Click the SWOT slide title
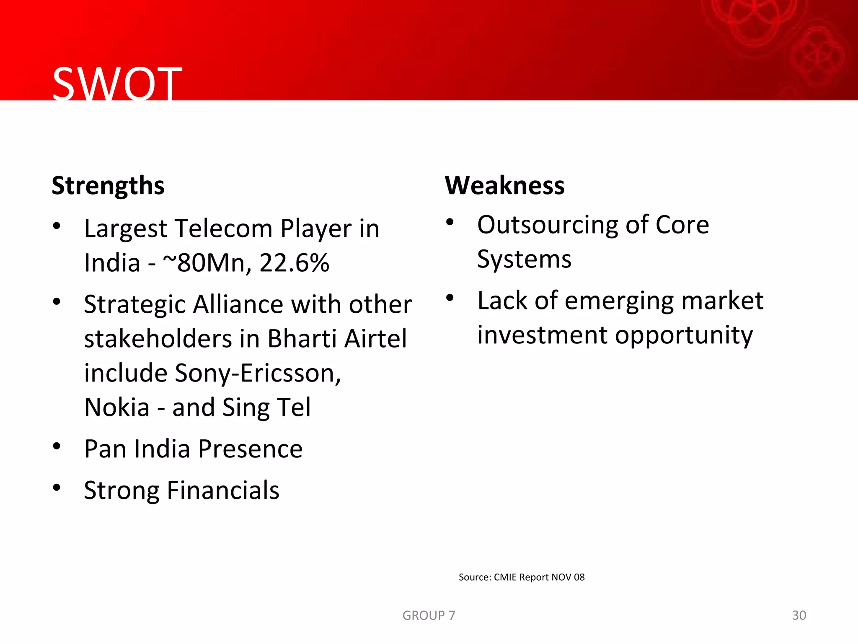(x=117, y=84)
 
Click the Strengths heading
(x=108, y=186)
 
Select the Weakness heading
(x=504, y=185)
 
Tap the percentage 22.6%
(x=294, y=263)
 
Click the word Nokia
(x=117, y=408)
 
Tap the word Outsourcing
(x=547, y=225)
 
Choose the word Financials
(x=223, y=491)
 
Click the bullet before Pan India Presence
(x=57, y=446)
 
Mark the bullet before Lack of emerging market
(x=450, y=298)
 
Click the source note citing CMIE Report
(x=521, y=577)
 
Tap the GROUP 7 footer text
(x=429, y=615)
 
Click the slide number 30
(x=799, y=615)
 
